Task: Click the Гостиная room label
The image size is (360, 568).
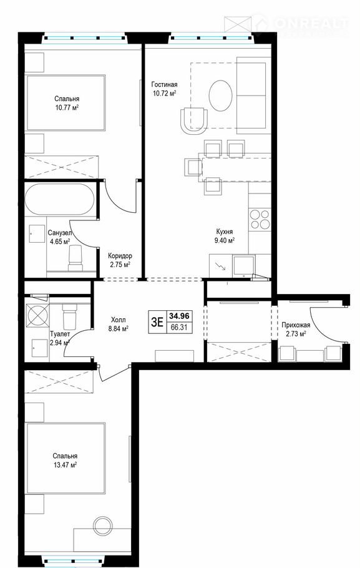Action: point(165,85)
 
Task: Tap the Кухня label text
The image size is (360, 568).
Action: point(225,232)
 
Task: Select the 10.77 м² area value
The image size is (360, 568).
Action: point(67,107)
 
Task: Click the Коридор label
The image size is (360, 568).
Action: point(120,256)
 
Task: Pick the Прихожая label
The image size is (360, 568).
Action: point(296,325)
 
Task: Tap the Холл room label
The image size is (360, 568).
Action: point(119,320)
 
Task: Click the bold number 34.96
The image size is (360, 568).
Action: point(179,316)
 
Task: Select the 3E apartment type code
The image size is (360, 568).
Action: point(157,321)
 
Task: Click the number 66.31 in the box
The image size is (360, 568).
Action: point(179,327)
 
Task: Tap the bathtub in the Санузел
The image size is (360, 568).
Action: point(60,199)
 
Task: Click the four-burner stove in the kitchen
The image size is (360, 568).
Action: point(260,219)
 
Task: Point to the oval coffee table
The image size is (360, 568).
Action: point(220,95)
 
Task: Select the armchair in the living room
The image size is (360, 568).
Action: point(194,120)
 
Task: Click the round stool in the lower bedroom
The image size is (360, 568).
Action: point(103,526)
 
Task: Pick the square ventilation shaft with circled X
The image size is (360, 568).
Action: point(37,315)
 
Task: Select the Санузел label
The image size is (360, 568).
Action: point(60,233)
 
